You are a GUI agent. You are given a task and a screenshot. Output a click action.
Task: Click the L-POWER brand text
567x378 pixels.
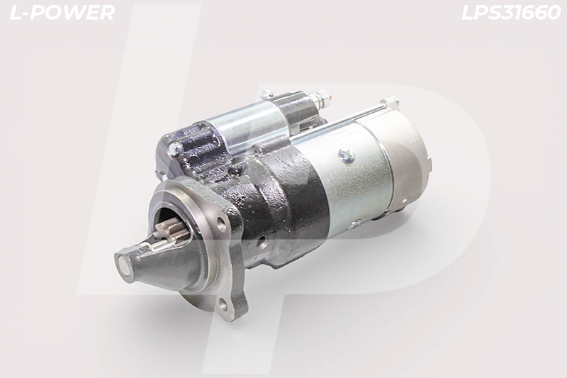click(x=62, y=13)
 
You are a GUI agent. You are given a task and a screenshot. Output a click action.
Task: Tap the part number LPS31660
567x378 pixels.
click(x=511, y=13)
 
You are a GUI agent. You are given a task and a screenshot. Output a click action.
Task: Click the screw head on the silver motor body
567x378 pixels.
click(x=346, y=155)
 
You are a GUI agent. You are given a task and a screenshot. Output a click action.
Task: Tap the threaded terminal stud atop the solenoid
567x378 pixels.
click(x=322, y=98)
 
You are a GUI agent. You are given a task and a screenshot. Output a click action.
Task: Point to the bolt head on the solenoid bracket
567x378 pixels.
click(x=175, y=148)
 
